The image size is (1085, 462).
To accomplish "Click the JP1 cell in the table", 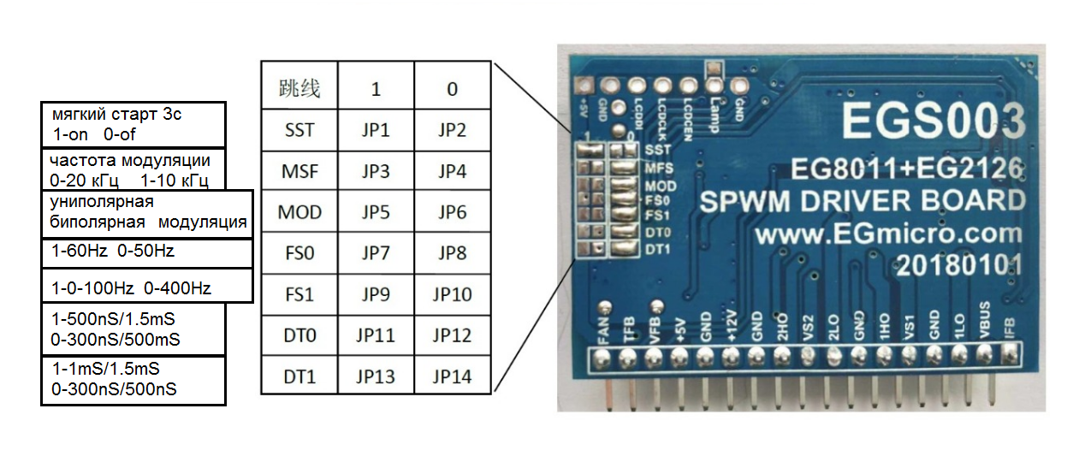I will [x=376, y=130].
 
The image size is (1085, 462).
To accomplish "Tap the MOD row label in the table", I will [x=299, y=212].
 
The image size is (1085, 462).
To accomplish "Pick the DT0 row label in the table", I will [x=299, y=335].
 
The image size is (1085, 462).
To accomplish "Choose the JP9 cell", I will [x=376, y=294].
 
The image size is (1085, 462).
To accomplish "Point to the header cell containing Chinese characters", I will [x=299, y=89].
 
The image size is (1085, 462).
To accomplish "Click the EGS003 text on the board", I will [x=932, y=121].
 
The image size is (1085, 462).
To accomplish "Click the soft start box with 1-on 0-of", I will [x=133, y=124].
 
